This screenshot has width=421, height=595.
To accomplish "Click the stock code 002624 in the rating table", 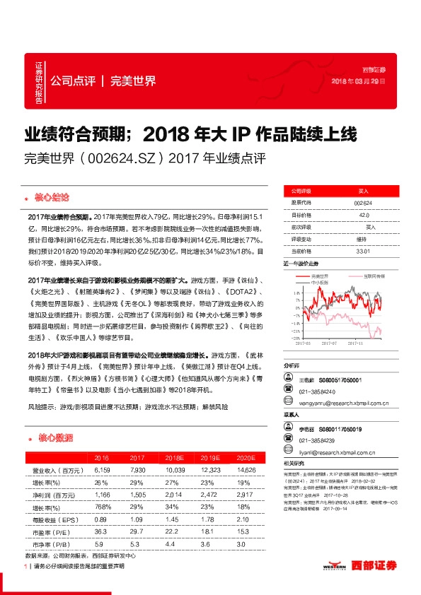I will click(x=362, y=201).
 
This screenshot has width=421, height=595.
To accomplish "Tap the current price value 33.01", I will click(x=362, y=251).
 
